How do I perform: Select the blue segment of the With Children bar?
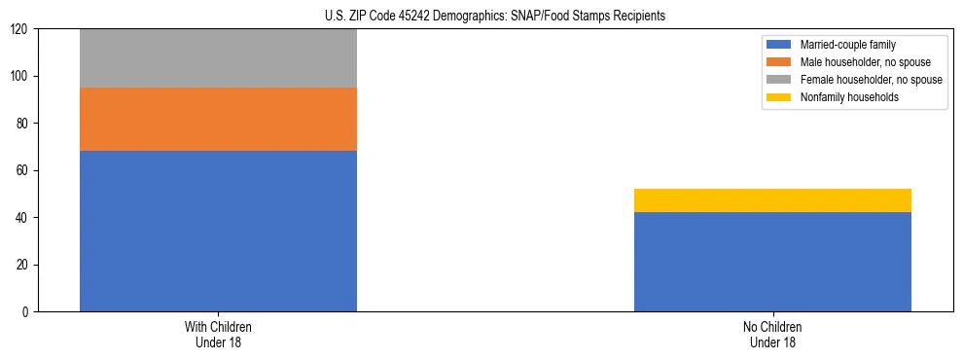point(218,231)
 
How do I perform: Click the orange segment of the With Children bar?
point(218,119)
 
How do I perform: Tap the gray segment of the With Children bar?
point(218,58)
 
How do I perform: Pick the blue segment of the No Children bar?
point(772,262)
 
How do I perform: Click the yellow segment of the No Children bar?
point(772,200)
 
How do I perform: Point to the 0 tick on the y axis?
point(26,312)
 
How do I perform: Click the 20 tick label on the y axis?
point(23,265)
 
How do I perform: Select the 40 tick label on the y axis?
point(23,218)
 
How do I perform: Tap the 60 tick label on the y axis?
point(23,170)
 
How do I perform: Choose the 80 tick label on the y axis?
point(23,124)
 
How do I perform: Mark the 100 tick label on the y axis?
point(20,77)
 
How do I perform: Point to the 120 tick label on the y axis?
point(20,29)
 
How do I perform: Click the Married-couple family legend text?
point(848,45)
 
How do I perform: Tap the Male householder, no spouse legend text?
point(865,62)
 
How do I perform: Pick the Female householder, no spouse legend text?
point(871,80)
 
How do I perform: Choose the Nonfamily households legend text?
point(848,97)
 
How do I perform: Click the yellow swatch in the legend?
point(779,97)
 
